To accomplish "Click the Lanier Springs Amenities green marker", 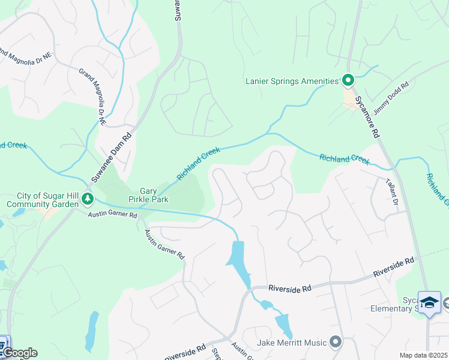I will pos(348,80).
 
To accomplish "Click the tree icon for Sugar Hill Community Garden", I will pos(88,197).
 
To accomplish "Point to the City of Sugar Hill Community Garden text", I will pos(42,200).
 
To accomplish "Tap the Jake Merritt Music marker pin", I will pos(335,343).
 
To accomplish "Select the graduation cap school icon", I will pos(429,302).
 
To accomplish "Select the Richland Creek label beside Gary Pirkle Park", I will pos(199,164).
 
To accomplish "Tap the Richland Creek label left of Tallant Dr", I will pos(344,159).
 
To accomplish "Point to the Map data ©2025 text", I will pos(423,355).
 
